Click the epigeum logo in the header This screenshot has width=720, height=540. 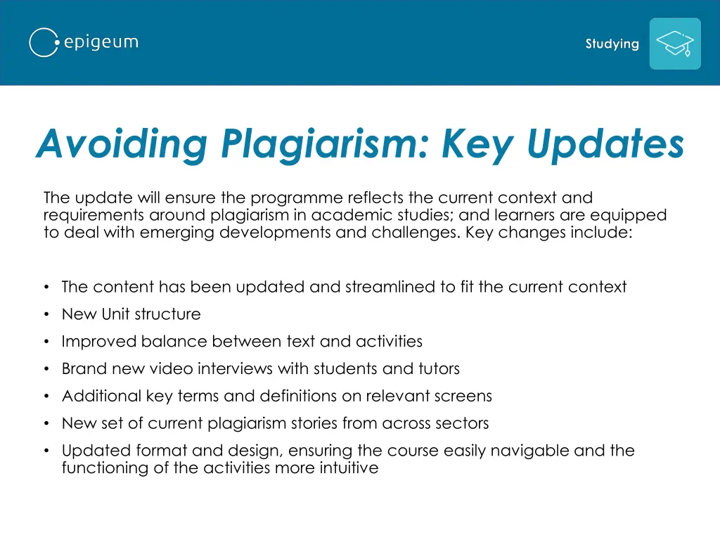pos(84,42)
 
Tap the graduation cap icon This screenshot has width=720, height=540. pos(674,44)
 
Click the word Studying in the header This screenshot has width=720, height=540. pos(612,44)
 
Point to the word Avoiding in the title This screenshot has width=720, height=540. pos(122,144)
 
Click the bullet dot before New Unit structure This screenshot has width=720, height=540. pos(46,314)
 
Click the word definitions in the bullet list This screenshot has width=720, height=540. pos(294,396)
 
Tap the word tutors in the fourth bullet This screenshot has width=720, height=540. pos(439,368)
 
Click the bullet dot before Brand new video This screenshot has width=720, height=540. pos(46,369)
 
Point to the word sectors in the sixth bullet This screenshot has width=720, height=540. pos(463,423)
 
